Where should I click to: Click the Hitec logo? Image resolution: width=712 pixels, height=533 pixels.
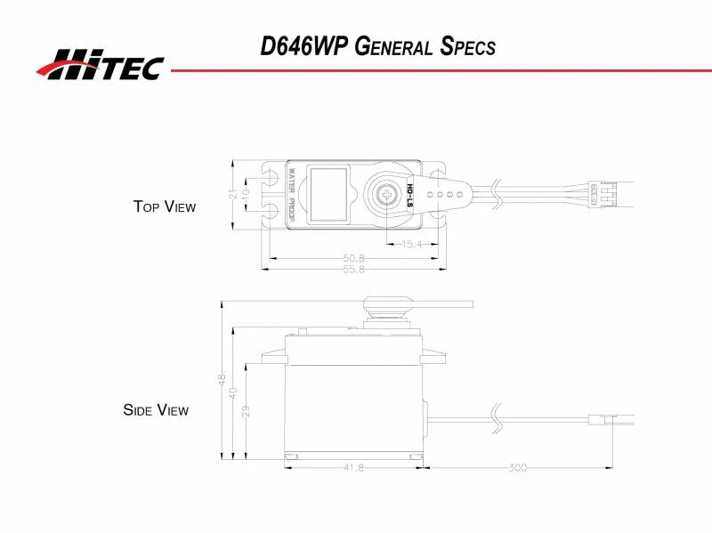tap(100, 64)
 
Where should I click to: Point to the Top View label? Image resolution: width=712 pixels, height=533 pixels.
tap(164, 206)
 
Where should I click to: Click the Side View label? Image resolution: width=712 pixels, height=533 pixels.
tap(156, 410)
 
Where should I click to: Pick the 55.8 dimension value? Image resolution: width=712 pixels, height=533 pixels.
tap(354, 269)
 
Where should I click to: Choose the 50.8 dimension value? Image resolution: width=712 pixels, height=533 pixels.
tap(354, 258)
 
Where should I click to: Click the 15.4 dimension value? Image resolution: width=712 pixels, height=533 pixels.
tap(410, 244)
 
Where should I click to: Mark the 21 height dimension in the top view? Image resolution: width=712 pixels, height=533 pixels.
tap(233, 194)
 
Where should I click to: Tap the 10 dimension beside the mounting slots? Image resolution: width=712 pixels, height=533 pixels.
tap(246, 194)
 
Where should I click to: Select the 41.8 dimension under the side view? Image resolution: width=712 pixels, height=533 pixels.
tap(353, 468)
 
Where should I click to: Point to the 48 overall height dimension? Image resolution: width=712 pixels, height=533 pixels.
tap(222, 378)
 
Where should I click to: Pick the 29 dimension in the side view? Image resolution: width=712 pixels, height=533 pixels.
tap(244, 410)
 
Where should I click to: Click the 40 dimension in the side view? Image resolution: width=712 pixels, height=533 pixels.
tap(233, 392)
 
